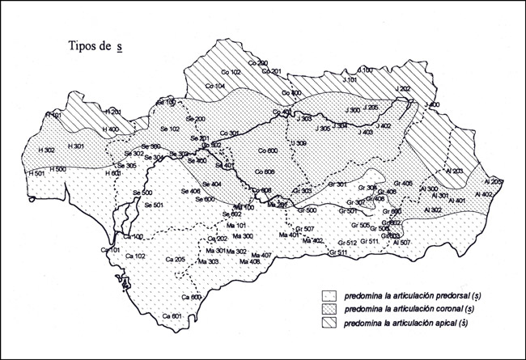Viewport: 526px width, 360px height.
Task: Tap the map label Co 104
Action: [215, 85]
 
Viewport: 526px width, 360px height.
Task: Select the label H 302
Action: [46, 150]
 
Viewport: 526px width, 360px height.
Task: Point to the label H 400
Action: [108, 129]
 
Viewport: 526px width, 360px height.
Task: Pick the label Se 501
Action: [154, 205]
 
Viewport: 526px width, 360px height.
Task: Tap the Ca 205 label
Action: [175, 259]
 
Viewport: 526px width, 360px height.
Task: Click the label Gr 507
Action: [305, 229]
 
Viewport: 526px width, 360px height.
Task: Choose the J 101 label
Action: [349, 80]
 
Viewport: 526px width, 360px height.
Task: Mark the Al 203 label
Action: [452, 171]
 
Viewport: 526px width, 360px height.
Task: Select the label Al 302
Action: [431, 209]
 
